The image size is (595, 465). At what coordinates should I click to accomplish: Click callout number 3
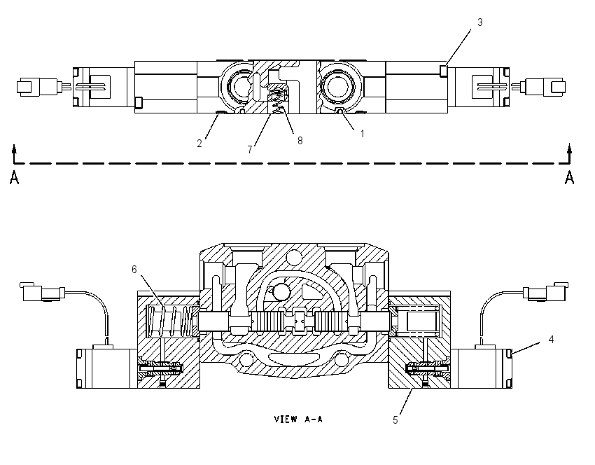(479, 22)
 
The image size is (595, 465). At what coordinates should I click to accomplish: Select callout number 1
(363, 134)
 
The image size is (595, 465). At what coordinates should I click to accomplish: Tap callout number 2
(199, 144)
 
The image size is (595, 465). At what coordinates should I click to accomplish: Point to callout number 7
(250, 150)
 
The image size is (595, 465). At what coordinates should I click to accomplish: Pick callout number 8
(300, 141)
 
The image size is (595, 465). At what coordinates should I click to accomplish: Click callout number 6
(134, 269)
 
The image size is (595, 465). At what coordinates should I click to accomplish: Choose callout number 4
(551, 340)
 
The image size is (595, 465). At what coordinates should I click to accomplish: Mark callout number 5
(395, 420)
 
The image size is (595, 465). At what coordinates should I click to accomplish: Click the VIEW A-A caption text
(298, 419)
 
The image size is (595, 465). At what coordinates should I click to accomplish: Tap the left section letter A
(15, 178)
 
